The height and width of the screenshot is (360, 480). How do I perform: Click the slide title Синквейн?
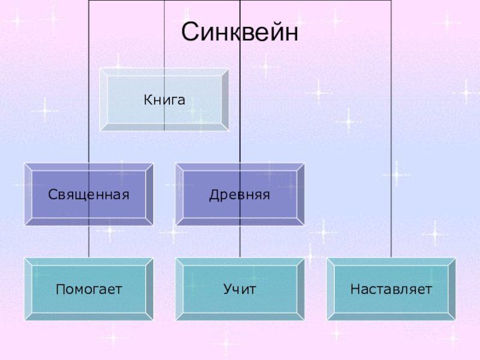(240, 32)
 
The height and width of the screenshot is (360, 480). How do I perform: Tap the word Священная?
(89, 194)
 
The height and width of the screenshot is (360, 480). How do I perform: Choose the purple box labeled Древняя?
(240, 207)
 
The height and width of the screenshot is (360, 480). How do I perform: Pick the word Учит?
(240, 290)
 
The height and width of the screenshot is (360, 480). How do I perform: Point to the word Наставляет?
(391, 290)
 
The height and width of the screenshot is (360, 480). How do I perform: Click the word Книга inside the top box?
(164, 98)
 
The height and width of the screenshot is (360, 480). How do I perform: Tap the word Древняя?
(240, 194)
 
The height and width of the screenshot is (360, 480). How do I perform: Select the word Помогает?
(89, 290)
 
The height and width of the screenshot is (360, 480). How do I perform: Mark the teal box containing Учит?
(240, 303)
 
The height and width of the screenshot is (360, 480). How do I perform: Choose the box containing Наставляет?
(391, 303)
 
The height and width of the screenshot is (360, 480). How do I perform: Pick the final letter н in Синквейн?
(290, 32)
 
